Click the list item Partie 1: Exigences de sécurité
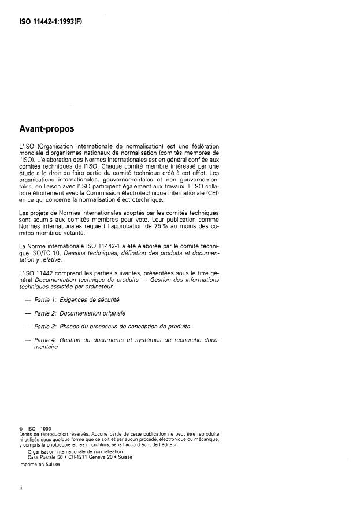click(x=77, y=299)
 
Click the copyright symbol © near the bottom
click(x=21, y=428)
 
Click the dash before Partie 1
click(x=28, y=300)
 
